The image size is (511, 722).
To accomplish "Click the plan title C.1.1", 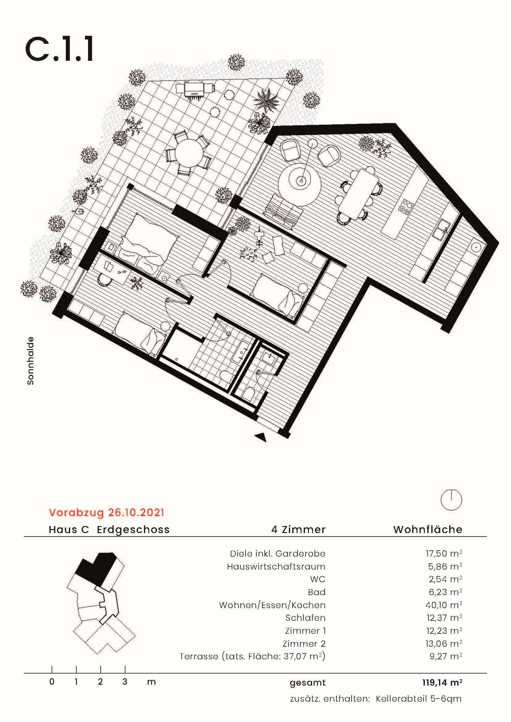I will [x=59, y=49].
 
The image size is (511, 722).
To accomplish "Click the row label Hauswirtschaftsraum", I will [x=276, y=567].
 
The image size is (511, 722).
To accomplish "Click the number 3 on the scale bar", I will [x=125, y=682].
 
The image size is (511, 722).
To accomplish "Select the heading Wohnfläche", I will [x=428, y=530].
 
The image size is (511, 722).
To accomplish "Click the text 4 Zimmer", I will [x=298, y=530].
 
